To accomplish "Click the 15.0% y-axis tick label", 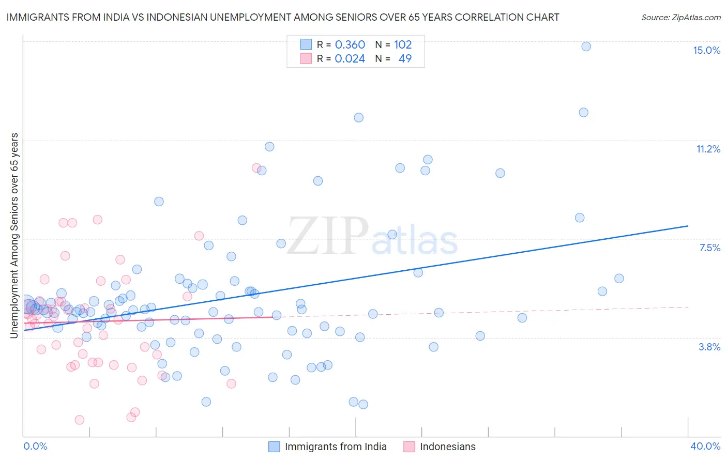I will (706, 50).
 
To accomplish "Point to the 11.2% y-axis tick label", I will (708, 149).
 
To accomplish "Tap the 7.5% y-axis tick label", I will (709, 248).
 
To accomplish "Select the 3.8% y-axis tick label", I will (709, 347).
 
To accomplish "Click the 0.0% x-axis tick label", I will (35, 446).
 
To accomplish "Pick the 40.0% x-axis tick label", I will (705, 446).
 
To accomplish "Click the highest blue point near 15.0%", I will (586, 47).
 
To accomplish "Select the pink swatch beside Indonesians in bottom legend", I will (409, 447).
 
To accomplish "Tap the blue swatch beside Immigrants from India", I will (274, 447).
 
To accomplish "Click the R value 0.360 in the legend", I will (350, 45).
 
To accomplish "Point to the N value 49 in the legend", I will (405, 59).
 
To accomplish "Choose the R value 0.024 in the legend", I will (350, 59).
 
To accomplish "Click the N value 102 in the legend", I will (403, 45).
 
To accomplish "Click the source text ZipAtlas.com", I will (680, 17).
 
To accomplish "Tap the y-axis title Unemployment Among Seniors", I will (14, 235).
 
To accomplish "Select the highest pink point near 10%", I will (256, 168).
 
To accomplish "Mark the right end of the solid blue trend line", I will (688, 226).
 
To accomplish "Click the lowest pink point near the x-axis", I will (80, 420).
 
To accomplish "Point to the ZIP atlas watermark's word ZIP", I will (327, 236).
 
